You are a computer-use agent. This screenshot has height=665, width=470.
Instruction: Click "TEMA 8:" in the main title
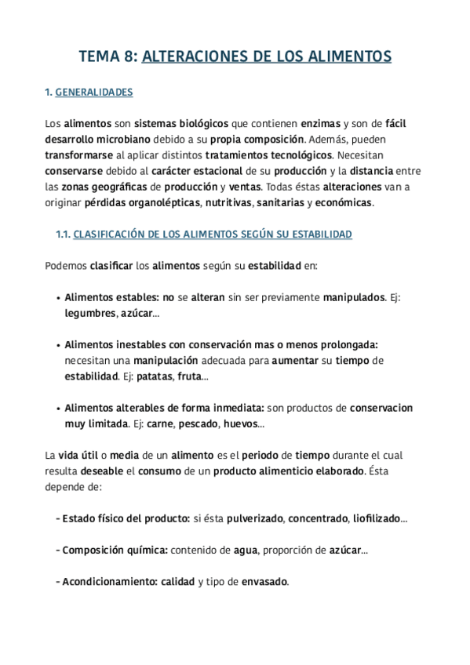[107, 56]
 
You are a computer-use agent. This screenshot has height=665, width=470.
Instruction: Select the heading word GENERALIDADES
[94, 93]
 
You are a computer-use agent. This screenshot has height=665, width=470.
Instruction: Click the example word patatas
[155, 376]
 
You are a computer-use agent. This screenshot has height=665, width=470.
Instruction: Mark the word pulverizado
[255, 519]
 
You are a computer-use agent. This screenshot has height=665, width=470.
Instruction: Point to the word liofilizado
[374, 519]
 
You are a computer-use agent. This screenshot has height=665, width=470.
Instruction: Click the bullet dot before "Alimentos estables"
[60, 298]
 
